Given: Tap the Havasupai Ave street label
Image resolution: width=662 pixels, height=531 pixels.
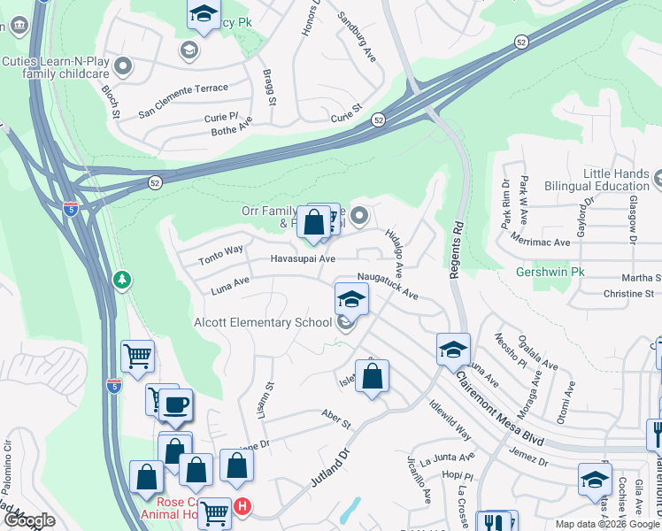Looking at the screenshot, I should pos(303,259).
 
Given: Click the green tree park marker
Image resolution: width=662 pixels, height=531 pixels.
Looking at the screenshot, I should pos(122,280).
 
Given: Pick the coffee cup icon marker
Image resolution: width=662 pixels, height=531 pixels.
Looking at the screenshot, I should pos(174,405).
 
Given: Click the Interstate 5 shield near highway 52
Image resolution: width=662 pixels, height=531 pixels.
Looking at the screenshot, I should pos(71,209).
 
